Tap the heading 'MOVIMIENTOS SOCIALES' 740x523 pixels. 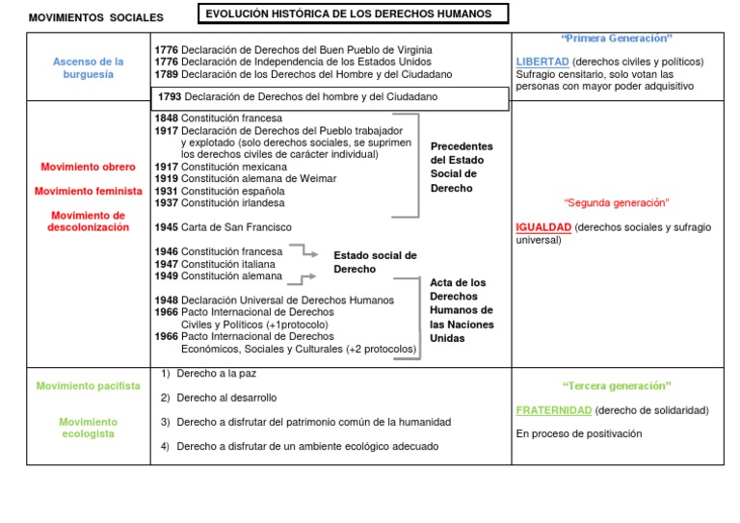[x=95, y=17]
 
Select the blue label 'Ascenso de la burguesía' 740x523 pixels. [x=89, y=67]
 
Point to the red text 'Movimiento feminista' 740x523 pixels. [x=89, y=191]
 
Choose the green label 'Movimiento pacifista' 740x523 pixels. [x=89, y=386]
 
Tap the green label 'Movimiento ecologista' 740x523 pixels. [x=89, y=428]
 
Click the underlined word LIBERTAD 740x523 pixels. [x=542, y=62]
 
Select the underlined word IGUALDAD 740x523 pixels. [x=543, y=227]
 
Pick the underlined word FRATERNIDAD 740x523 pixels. [x=554, y=410]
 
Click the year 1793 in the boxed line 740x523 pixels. [x=170, y=97]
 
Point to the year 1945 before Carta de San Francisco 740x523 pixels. [x=166, y=227]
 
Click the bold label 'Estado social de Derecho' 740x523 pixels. [x=375, y=262]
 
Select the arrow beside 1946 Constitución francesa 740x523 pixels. [x=305, y=252]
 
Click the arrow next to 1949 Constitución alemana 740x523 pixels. [x=307, y=278]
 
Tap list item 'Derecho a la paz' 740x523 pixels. [x=216, y=373]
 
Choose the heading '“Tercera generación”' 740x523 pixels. [x=617, y=385]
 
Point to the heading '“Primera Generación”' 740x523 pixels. [x=617, y=39]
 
